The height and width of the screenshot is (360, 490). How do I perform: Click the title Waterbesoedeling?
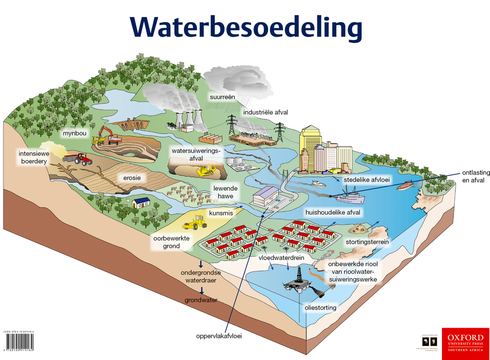coord(245,27)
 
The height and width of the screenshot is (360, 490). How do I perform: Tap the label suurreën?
coord(223,97)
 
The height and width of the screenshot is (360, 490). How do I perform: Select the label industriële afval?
coord(266,112)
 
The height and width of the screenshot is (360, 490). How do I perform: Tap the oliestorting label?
coord(320,308)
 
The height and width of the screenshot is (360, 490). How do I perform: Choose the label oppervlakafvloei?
coord(219,336)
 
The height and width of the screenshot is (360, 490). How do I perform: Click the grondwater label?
coord(201,300)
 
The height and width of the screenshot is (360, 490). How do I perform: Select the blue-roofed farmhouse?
coord(141,201)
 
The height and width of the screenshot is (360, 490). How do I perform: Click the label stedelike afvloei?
coord(367,180)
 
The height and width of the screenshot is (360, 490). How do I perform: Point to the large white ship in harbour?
coord(349,196)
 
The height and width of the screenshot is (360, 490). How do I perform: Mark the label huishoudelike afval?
coord(333,212)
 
